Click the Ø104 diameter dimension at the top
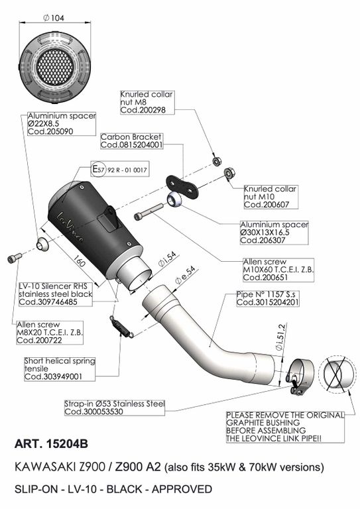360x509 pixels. pos(54,18)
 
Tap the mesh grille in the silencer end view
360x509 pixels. pos(55,66)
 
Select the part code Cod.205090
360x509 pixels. pos(50,131)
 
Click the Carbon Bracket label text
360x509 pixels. pos(131,137)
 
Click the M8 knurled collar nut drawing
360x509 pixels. pos(217,160)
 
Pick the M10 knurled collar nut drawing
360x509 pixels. pos(229,174)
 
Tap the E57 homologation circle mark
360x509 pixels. pos(98,169)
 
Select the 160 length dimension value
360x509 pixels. pos(79,260)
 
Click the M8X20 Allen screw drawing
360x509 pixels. pos(15,258)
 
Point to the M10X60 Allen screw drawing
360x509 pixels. pos(149,211)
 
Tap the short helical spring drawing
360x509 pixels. pos(122,327)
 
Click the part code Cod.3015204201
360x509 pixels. pos(267,302)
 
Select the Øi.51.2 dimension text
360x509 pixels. pos(280,337)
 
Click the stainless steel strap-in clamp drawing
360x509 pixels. pos(300,376)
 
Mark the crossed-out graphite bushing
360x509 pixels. pos(337,376)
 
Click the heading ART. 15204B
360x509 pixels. pos(51,444)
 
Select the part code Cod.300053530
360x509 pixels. pos(94,412)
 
